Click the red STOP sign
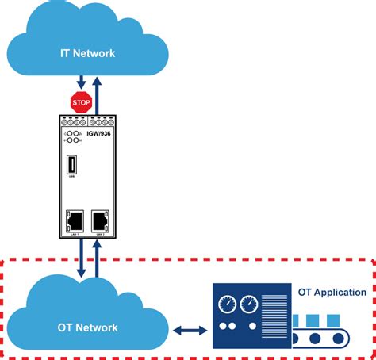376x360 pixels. [x=81, y=101]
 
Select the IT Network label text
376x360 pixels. [x=88, y=53]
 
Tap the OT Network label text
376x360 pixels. [x=88, y=327]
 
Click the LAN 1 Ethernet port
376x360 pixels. [x=75, y=220]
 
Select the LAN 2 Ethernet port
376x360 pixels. [x=101, y=220]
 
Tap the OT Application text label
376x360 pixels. [x=332, y=292]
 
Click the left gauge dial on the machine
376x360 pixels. [x=227, y=304]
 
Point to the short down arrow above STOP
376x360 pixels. [x=81, y=83]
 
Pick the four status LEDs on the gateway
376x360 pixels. [x=72, y=138]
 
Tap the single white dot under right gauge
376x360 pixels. [x=248, y=326]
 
